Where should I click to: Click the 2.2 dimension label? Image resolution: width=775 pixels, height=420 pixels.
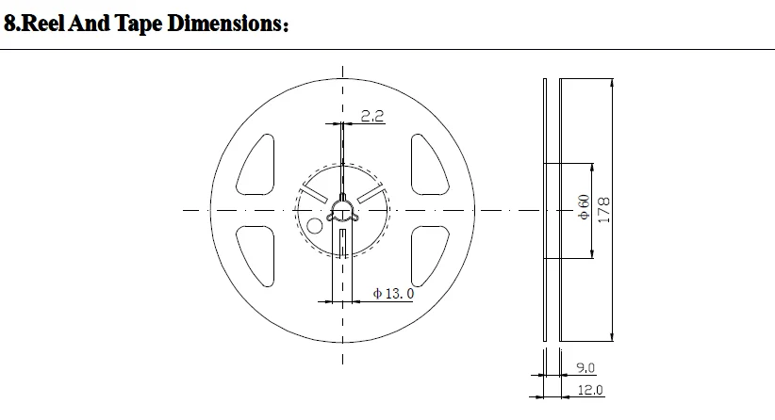point(372,116)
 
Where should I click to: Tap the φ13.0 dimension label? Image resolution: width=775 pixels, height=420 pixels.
point(393,294)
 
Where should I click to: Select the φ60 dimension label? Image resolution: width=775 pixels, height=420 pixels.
point(584,207)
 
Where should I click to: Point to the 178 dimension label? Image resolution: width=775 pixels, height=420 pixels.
point(604,210)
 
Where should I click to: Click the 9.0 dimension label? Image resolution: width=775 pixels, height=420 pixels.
point(585,367)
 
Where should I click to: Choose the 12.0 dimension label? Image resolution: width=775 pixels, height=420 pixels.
point(590,390)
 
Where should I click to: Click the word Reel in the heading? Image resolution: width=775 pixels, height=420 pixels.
point(43,24)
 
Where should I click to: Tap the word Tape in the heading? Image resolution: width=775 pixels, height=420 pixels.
point(139,24)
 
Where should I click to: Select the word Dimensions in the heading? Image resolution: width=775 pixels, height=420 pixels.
point(225,24)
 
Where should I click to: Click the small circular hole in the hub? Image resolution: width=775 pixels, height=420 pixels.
point(315,226)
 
